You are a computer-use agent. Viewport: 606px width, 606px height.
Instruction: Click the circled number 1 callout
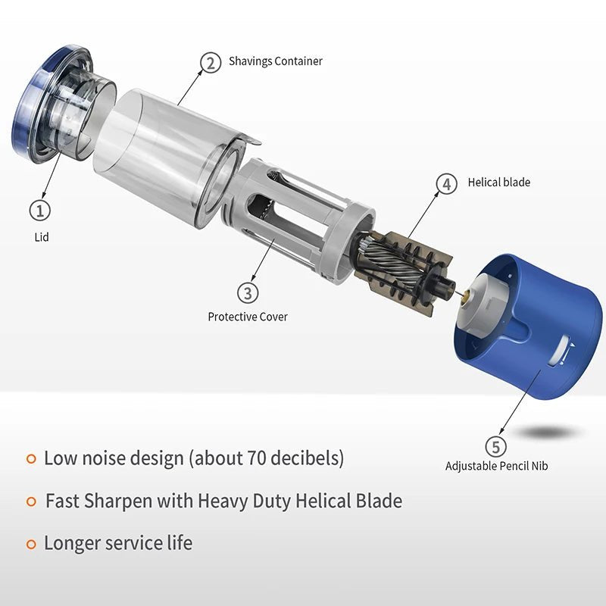click(x=40, y=211)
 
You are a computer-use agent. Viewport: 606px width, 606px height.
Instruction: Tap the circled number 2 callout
click(x=211, y=63)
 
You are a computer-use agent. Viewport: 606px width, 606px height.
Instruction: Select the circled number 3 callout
click(x=248, y=292)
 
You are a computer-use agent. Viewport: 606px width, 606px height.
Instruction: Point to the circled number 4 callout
click(x=446, y=184)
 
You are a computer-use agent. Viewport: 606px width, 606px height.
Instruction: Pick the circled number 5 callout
click(x=496, y=447)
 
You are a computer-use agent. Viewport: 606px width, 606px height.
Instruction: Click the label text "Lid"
click(x=42, y=237)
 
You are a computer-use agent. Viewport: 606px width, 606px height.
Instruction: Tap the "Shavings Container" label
click(x=276, y=61)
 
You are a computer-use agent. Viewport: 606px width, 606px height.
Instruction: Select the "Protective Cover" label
click(x=248, y=317)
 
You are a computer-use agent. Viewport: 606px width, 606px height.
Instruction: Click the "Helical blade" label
click(x=499, y=183)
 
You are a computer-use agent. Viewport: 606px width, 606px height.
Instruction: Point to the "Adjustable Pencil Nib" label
click(x=497, y=466)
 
